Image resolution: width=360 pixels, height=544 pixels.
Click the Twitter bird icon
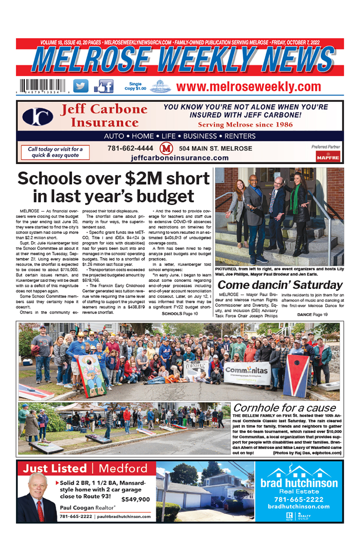point(81,86)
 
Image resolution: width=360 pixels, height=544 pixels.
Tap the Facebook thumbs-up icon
point(104,86)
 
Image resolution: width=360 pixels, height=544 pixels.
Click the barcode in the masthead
point(43,86)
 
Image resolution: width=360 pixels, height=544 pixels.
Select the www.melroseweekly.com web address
point(248,87)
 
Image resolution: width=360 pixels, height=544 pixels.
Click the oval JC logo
point(38,116)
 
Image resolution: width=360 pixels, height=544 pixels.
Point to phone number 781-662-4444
point(130,148)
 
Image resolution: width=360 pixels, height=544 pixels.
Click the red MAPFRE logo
point(328,157)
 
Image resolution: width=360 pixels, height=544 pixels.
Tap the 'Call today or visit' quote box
point(55,152)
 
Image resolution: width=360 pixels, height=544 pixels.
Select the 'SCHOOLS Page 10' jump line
point(180,314)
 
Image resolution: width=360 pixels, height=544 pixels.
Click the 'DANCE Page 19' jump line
point(312,314)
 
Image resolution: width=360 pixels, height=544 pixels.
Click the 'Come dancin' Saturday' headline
point(280,285)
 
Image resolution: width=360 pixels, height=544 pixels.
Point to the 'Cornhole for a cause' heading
point(284,408)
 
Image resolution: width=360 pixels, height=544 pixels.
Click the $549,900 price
point(136,499)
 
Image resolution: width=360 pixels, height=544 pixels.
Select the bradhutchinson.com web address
point(298,506)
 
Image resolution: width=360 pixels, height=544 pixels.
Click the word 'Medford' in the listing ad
point(123,468)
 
